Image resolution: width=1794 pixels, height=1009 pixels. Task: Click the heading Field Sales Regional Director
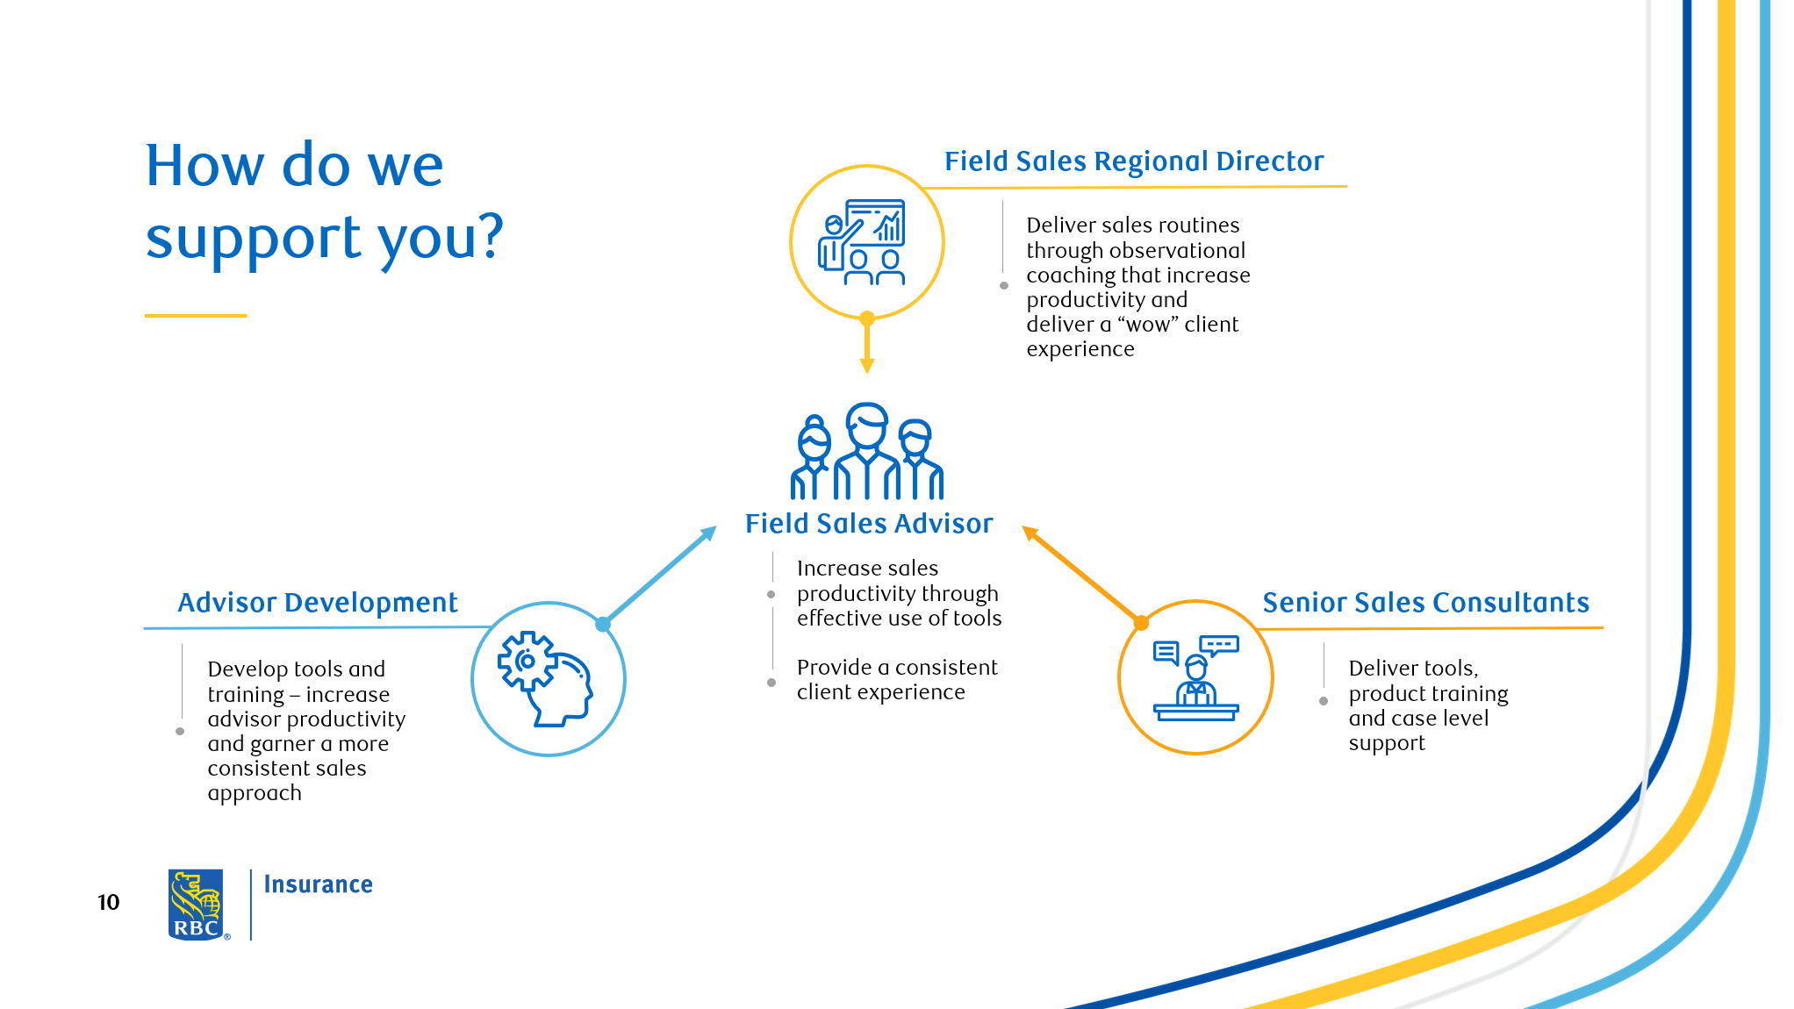tap(1133, 161)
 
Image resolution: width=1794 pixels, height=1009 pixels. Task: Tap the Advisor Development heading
tap(317, 603)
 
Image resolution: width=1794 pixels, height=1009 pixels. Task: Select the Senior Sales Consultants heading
tap(1425, 603)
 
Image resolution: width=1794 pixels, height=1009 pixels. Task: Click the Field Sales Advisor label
tap(869, 524)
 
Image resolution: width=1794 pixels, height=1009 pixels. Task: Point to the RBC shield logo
tap(196, 905)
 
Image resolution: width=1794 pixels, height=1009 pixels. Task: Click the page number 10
tap(108, 903)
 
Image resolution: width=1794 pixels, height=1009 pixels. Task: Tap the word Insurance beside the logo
tap(318, 884)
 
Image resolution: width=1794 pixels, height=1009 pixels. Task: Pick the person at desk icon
tap(1195, 678)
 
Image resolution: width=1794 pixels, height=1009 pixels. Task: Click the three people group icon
tap(867, 452)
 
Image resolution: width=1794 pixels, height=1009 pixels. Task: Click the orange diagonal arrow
tap(1081, 575)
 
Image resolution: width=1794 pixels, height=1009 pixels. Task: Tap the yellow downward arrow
tap(867, 347)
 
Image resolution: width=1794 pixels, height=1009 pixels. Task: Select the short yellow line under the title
tap(196, 315)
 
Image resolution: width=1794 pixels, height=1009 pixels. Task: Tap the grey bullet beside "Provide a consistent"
tap(771, 682)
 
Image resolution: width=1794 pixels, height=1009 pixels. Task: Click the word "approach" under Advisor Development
tap(255, 793)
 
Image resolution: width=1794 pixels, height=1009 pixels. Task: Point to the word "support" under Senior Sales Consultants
tap(1387, 743)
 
